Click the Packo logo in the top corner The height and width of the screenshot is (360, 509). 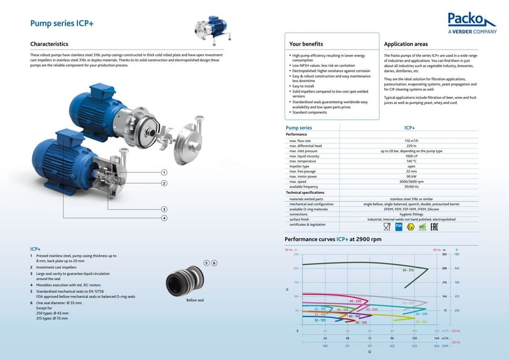pyautogui.click(x=472, y=23)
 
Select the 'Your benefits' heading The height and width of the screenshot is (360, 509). pyautogui.click(x=306, y=44)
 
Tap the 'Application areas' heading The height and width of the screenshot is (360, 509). pyautogui.click(x=406, y=44)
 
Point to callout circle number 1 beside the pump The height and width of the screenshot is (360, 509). pyautogui.click(x=164, y=172)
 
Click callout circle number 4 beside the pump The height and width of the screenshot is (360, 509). pyautogui.click(x=164, y=218)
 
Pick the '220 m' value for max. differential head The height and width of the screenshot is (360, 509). pyautogui.click(x=411, y=145)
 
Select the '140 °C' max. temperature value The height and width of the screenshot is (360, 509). pyautogui.click(x=411, y=161)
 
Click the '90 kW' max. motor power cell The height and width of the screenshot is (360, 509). pyautogui.click(x=411, y=176)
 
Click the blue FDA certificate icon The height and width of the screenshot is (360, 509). pyautogui.click(x=398, y=226)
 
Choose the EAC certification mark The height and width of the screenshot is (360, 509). pyautogui.click(x=434, y=226)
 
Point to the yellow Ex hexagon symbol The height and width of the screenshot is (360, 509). pyautogui.click(x=410, y=226)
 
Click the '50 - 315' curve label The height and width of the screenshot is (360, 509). pyautogui.click(x=408, y=270)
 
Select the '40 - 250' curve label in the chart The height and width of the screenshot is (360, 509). pyautogui.click(x=355, y=301)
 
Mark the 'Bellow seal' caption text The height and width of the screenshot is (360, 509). pyautogui.click(x=195, y=300)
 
